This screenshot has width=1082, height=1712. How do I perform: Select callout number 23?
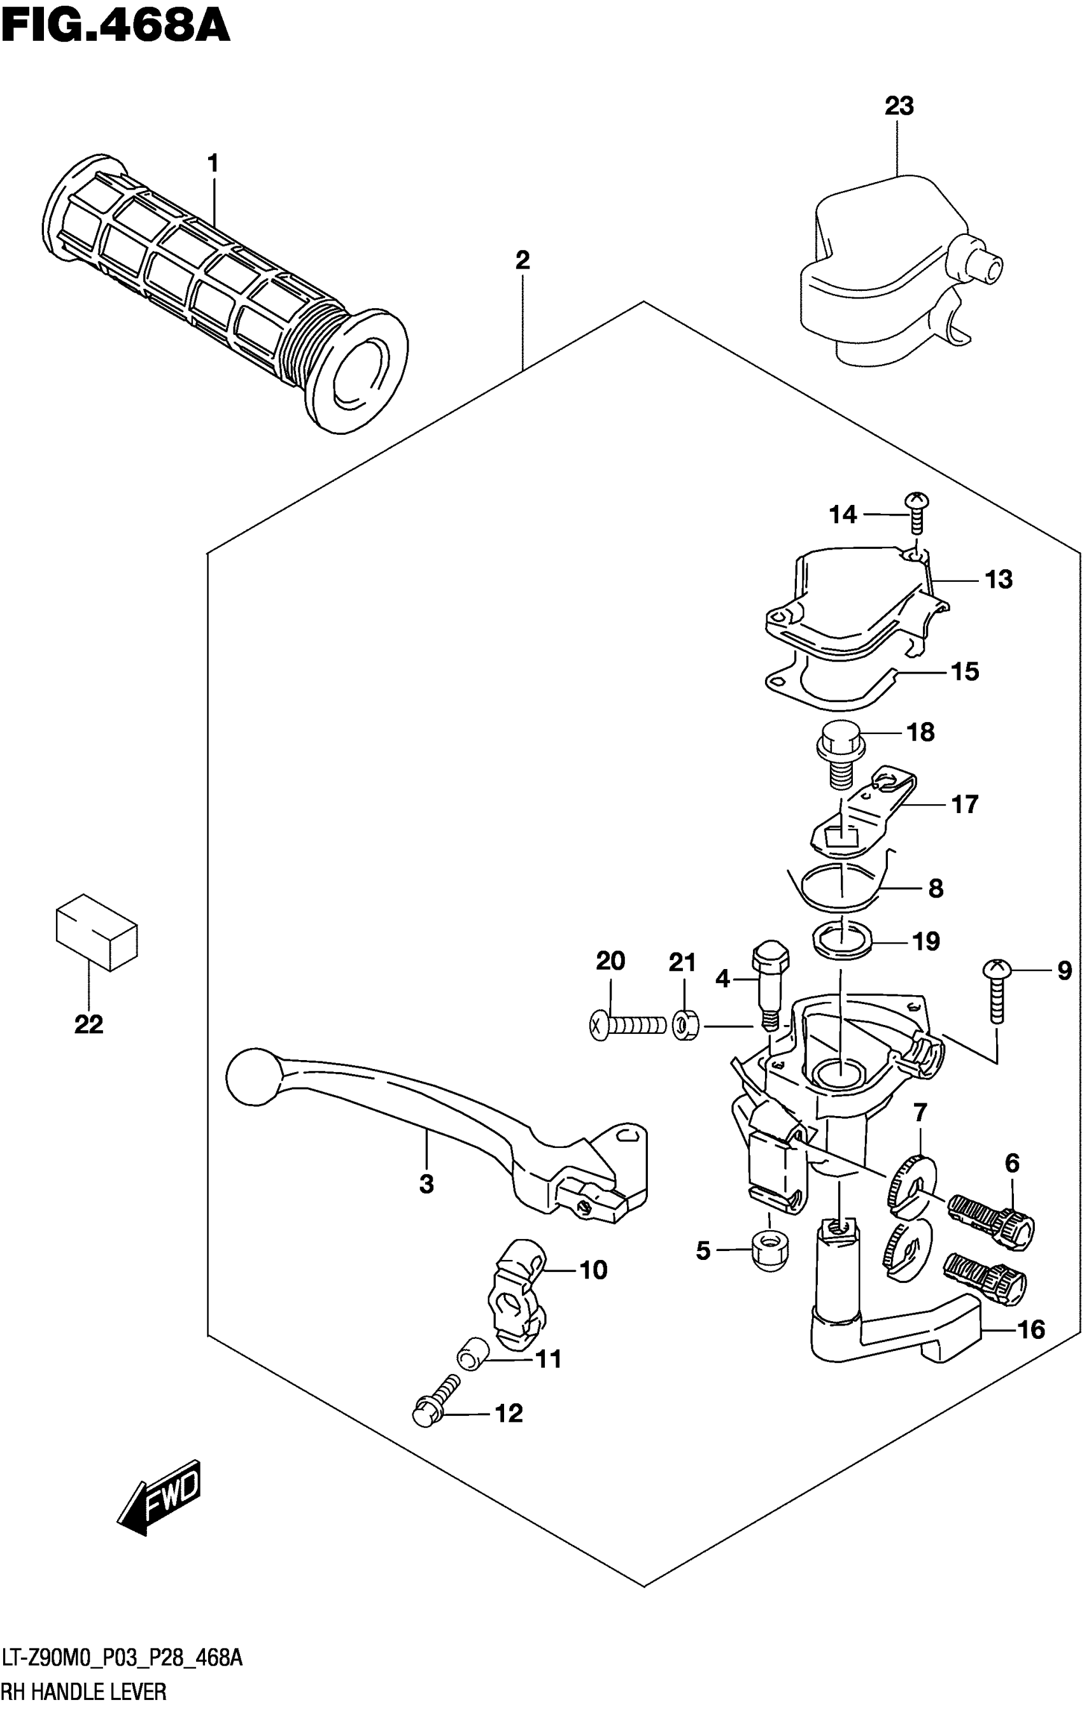(x=899, y=107)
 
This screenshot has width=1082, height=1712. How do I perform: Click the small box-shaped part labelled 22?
(x=96, y=931)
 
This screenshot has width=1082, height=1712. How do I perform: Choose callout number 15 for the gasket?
(x=965, y=671)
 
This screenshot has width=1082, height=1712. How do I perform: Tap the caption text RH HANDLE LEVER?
(x=85, y=1690)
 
